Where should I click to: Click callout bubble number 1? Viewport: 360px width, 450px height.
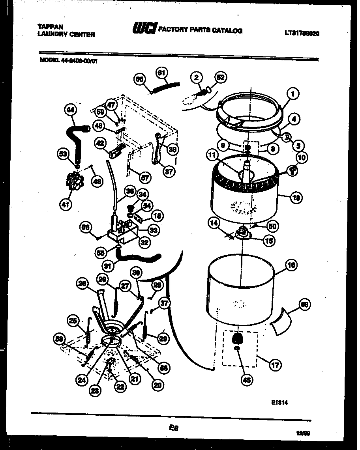[x=292, y=94]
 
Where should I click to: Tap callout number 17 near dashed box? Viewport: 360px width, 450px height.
[x=275, y=365]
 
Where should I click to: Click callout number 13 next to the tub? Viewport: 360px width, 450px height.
[x=296, y=198]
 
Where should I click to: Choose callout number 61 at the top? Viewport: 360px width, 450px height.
[x=161, y=73]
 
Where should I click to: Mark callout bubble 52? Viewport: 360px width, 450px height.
[x=221, y=78]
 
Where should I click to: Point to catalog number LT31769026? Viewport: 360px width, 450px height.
[x=302, y=34]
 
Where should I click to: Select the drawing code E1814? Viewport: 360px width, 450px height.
[x=279, y=403]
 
